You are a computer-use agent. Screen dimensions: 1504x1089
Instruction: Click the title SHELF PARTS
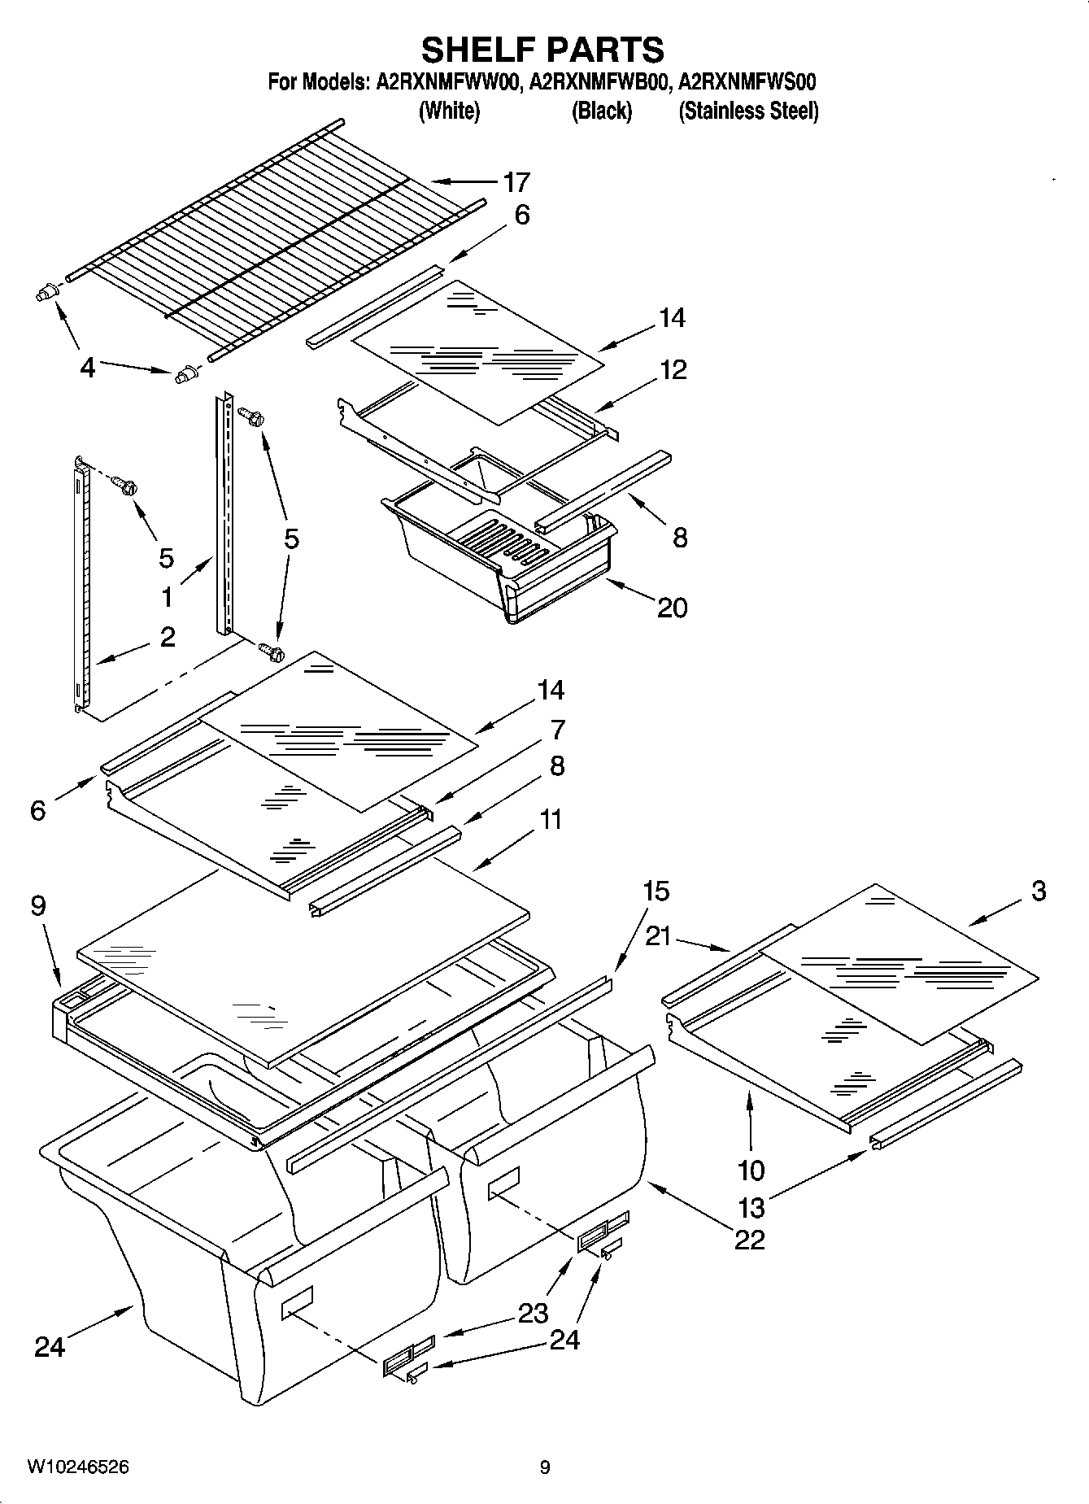click(542, 50)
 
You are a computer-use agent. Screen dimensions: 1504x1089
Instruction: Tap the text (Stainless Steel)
click(748, 111)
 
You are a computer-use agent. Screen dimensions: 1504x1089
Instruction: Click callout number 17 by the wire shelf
click(516, 182)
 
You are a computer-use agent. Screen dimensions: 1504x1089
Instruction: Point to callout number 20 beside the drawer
click(672, 607)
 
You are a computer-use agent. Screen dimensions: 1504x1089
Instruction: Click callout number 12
click(673, 370)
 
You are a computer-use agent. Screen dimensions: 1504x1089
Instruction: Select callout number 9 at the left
click(38, 905)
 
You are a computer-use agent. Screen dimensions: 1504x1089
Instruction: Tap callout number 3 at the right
click(1039, 891)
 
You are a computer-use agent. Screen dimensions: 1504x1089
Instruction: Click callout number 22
click(749, 1239)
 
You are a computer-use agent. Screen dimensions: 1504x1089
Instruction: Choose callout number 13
click(751, 1207)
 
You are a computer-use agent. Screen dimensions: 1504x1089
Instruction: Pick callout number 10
click(751, 1171)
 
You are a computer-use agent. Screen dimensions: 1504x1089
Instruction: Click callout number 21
click(658, 936)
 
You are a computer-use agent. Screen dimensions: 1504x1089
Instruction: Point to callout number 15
click(656, 892)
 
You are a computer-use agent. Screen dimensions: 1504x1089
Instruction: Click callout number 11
click(551, 819)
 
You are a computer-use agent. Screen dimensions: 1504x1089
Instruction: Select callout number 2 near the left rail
click(167, 636)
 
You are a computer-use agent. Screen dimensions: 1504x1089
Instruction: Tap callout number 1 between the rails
click(167, 598)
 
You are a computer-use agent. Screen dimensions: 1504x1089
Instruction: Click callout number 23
click(533, 1312)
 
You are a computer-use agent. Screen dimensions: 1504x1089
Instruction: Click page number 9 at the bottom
click(545, 1467)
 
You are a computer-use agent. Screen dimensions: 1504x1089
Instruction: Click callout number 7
click(557, 730)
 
